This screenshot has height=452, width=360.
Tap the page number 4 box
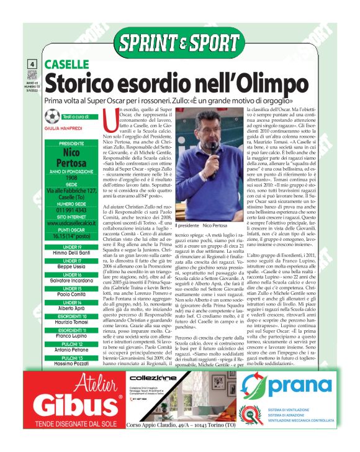pyautogui.click(x=32, y=65)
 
